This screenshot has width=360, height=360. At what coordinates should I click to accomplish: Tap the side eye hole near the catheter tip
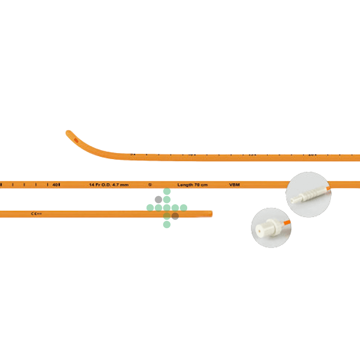click(75, 140)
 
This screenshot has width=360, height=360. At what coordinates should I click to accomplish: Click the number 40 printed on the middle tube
click(56, 185)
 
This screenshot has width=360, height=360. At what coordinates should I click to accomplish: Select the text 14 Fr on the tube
click(95, 185)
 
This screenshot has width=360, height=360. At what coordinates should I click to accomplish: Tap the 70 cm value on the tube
click(201, 185)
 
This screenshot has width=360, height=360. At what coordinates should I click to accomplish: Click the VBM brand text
click(234, 185)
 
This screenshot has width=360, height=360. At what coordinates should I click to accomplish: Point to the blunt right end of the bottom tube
click(211, 214)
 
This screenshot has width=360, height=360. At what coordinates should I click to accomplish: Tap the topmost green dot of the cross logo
click(167, 191)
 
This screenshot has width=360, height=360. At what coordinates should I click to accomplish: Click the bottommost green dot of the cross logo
click(167, 225)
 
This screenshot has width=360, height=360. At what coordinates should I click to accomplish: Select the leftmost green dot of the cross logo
click(150, 208)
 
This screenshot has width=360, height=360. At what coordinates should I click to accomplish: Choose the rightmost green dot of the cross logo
click(184, 208)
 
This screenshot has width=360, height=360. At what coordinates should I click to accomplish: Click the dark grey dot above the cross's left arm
click(158, 199)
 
